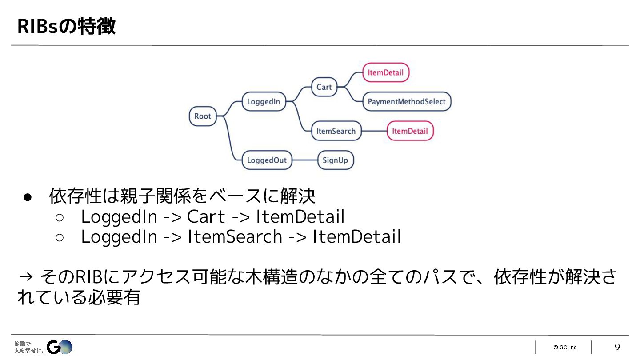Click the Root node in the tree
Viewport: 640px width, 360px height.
click(203, 116)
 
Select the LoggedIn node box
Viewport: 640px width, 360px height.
click(264, 102)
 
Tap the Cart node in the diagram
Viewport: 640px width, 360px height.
click(324, 87)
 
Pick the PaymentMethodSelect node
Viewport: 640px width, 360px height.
click(406, 102)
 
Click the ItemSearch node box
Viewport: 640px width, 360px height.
click(336, 131)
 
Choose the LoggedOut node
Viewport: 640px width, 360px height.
click(267, 160)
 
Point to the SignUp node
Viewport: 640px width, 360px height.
click(335, 160)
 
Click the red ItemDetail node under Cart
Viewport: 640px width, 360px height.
click(385, 72)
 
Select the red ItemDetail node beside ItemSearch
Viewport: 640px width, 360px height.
click(410, 131)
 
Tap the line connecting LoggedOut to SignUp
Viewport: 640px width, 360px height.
click(305, 160)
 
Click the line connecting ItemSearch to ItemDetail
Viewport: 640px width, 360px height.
click(374, 131)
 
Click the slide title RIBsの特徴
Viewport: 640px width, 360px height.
click(66, 26)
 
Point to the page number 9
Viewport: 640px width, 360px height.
click(617, 347)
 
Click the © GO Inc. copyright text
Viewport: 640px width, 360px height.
click(565, 348)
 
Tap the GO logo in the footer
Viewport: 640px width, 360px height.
click(60, 347)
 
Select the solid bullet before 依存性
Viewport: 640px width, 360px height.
click(27, 197)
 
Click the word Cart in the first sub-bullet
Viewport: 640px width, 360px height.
click(206, 217)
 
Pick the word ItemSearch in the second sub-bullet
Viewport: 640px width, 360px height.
click(235, 237)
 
